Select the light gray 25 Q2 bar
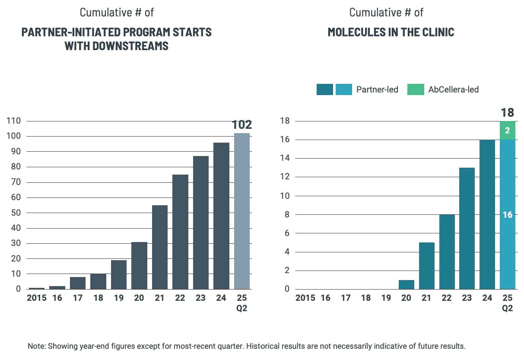(242, 211)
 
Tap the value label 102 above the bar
(242, 125)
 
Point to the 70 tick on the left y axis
(16, 182)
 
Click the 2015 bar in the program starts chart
(36, 288)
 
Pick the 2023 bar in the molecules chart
(467, 229)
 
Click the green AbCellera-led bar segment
(508, 131)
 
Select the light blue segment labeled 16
(508, 214)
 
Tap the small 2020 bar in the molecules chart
(406, 285)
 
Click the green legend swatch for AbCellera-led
(416, 90)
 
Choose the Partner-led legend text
(377, 90)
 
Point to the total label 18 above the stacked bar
(508, 113)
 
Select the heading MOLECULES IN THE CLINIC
(391, 32)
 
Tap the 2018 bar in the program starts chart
(98, 281)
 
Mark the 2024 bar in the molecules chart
(487, 214)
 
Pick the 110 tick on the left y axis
(14, 121)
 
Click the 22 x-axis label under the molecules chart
(446, 298)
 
